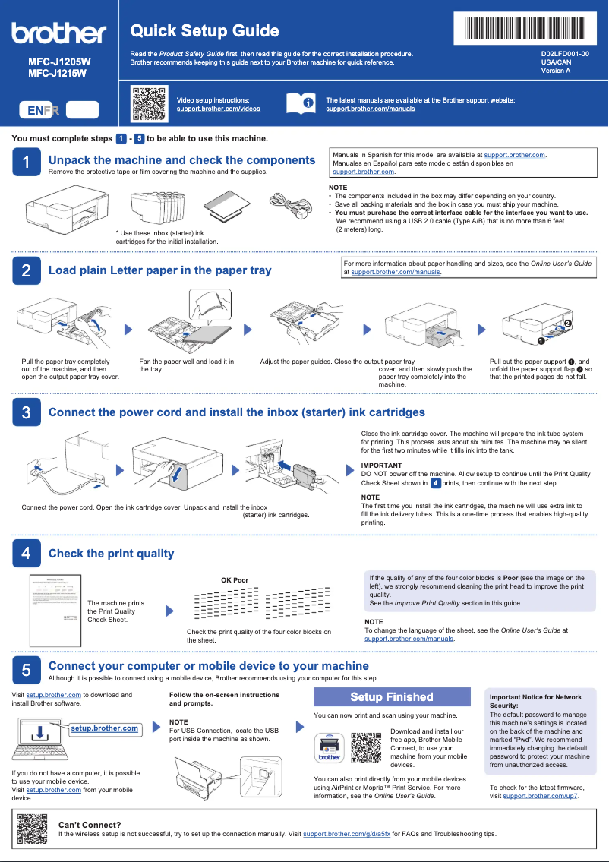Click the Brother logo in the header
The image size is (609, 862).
point(58,33)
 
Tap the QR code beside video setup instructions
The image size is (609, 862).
point(149,104)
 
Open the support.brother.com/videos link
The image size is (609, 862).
point(218,109)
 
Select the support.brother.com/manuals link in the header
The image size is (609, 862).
point(370,109)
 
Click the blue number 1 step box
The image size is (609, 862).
point(26,163)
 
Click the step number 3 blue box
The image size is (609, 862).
point(26,412)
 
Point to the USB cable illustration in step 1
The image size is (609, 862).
point(289,205)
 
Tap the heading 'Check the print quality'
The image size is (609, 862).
point(111,554)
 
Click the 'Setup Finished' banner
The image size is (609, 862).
point(392,697)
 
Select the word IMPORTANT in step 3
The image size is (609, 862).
point(381,465)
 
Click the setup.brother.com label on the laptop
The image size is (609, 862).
point(105,728)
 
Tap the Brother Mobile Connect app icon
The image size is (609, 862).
point(330,748)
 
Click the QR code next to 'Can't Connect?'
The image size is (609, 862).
point(33,829)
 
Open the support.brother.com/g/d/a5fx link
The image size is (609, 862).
point(346,834)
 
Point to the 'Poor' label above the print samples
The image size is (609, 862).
point(240,580)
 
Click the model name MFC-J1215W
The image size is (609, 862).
point(58,74)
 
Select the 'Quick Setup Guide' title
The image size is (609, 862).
point(204,31)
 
